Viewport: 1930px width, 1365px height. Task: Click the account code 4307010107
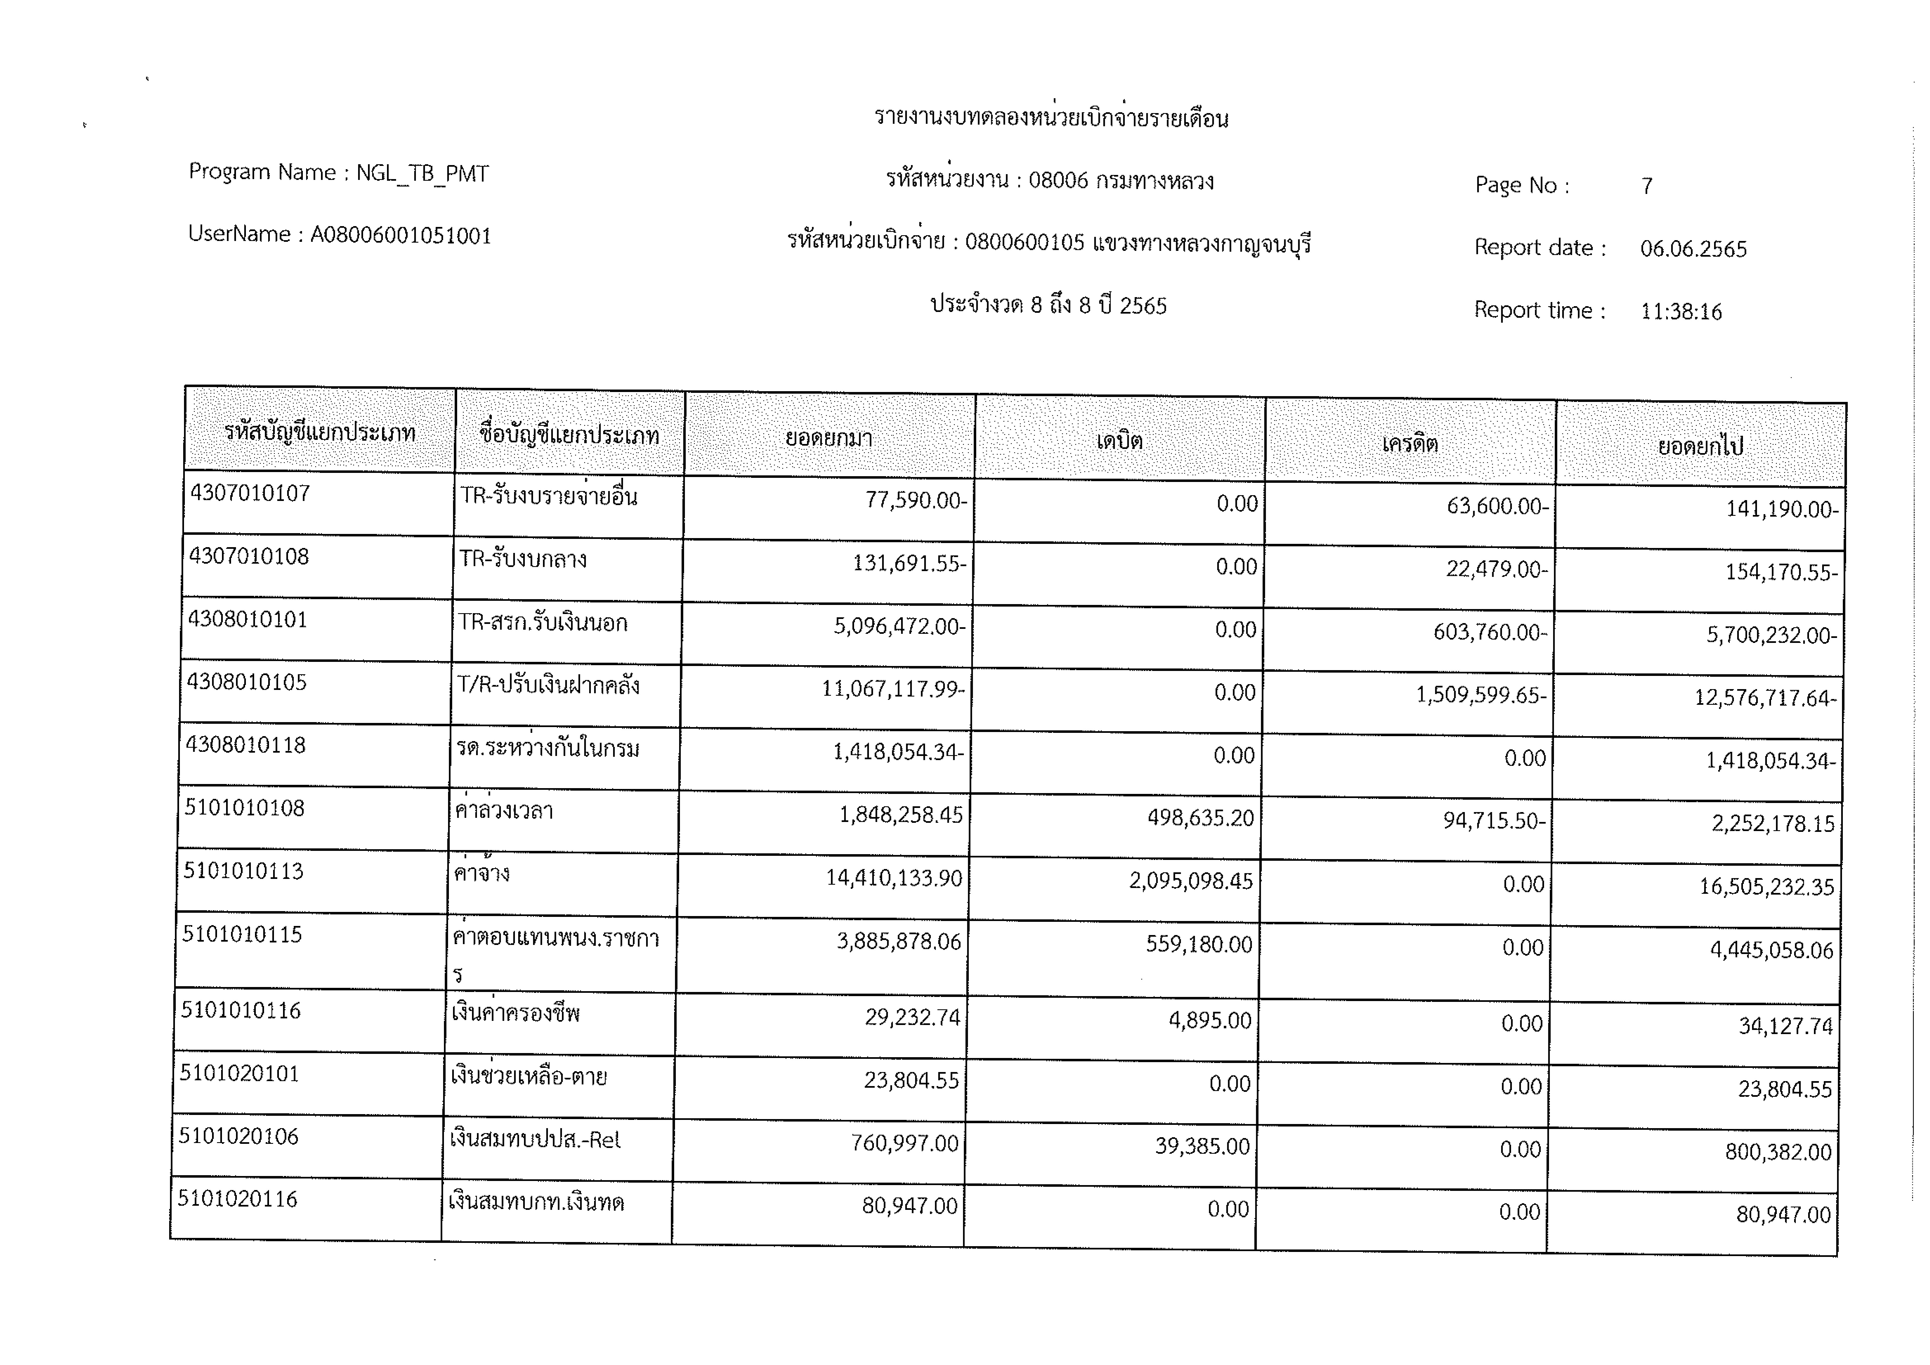tap(250, 494)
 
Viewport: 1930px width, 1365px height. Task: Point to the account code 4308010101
tap(247, 620)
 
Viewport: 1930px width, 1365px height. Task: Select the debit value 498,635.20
tap(1200, 818)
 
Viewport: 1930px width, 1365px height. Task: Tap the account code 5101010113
tap(243, 871)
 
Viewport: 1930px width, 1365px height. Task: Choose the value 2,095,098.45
tap(1190, 881)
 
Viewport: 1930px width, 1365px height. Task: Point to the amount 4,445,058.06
tap(1771, 951)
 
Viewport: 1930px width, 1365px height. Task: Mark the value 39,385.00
tap(1202, 1147)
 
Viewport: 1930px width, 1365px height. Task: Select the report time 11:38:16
tap(1681, 312)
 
